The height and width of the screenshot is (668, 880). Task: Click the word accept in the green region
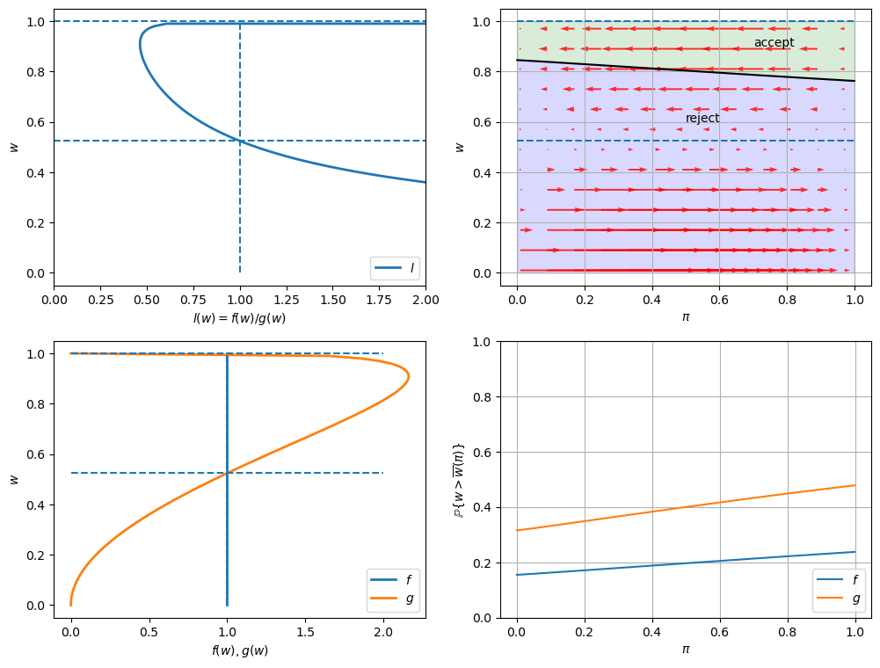pos(774,43)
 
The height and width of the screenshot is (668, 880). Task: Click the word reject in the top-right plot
pos(702,119)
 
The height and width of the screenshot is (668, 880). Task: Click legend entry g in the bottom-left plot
pos(407,599)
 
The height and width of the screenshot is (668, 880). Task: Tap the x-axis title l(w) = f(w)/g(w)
pos(239,318)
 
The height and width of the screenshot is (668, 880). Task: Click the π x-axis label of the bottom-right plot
pos(686,650)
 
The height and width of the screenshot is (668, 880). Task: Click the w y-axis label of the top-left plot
pos(14,147)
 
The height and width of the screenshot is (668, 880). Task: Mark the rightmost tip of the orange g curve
pos(408,376)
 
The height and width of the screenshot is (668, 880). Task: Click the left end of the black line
pos(517,60)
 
